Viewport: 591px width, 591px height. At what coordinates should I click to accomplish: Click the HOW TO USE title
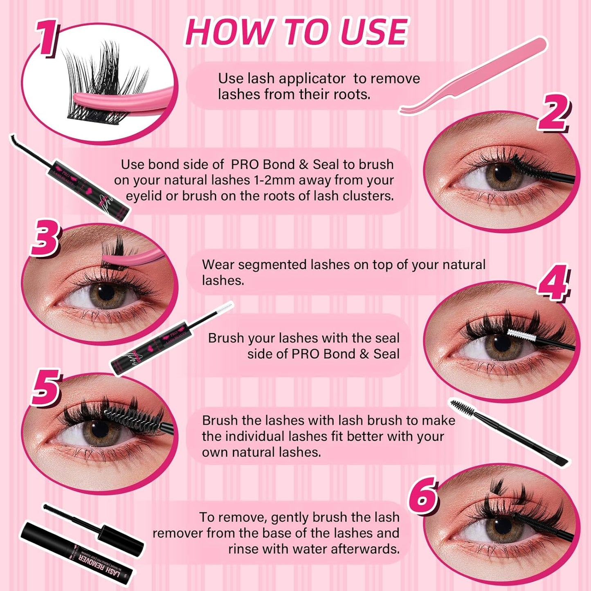pyautogui.click(x=297, y=32)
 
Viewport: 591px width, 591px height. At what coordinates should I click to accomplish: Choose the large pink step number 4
pyautogui.click(x=553, y=282)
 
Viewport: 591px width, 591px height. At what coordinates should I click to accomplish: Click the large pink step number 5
pyautogui.click(x=46, y=387)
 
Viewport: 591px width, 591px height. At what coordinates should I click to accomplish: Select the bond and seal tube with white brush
pyautogui.click(x=160, y=344)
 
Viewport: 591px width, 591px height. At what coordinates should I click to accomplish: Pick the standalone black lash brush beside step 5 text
pyautogui.click(x=507, y=431)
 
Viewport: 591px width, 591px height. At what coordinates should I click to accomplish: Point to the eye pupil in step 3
pyautogui.click(x=106, y=292)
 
